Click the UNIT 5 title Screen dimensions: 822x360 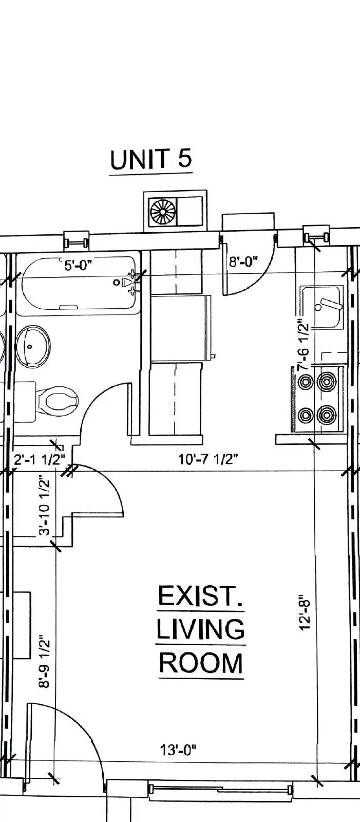pyautogui.click(x=151, y=159)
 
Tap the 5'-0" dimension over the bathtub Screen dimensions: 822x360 pyautogui.click(x=79, y=266)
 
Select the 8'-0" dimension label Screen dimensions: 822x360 pyautogui.click(x=242, y=263)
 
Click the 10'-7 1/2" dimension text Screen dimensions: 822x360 pyautogui.click(x=208, y=459)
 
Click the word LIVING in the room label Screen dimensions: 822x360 pyautogui.click(x=200, y=630)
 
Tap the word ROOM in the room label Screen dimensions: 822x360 pyautogui.click(x=200, y=663)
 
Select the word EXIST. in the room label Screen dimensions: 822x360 pyautogui.click(x=200, y=597)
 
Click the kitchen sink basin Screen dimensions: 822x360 pyautogui.click(x=321, y=307)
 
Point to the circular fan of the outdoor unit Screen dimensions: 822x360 pyautogui.click(x=162, y=211)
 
